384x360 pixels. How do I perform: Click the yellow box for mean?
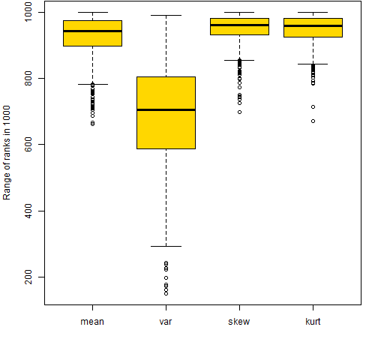pos(92,33)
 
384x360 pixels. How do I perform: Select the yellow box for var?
pos(166,112)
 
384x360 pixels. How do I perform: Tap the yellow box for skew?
pos(239,26)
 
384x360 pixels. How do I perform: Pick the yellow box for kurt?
pos(313,28)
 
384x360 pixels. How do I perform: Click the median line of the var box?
pos(166,109)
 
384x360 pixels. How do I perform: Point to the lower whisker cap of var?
pos(166,246)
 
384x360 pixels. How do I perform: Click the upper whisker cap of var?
pos(166,15)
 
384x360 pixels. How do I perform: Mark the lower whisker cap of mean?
pos(93,85)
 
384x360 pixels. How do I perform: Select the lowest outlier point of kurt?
pos(313,121)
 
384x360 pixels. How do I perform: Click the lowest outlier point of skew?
pos(239,112)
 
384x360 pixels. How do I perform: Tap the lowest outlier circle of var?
pos(166,294)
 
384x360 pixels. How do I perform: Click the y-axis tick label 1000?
pos(28,12)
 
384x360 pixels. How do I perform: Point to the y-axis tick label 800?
pos(28,78)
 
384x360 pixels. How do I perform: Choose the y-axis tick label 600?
pos(28,144)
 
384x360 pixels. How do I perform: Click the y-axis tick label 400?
pos(28,211)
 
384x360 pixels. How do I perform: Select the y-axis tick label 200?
pos(28,277)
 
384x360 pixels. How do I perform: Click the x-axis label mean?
pos(92,322)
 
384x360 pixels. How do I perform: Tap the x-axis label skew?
pos(239,321)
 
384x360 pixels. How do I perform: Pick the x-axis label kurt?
pos(313,321)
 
